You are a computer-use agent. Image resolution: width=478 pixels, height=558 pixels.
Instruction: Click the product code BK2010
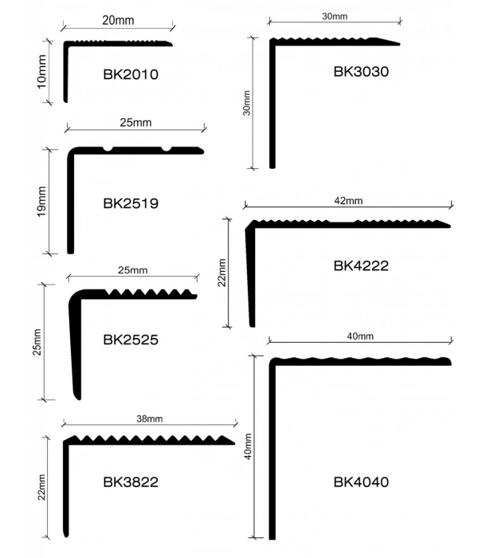[131, 76]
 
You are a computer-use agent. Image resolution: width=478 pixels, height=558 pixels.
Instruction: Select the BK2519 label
[131, 203]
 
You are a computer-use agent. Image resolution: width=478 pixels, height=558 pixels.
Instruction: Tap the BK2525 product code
[131, 339]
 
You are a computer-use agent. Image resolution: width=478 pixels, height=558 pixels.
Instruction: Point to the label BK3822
[131, 482]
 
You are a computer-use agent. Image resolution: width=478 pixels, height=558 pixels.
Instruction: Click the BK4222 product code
[361, 265]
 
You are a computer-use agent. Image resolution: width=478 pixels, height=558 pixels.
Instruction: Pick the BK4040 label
[361, 482]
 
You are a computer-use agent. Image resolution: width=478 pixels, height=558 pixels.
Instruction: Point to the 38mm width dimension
[149, 418]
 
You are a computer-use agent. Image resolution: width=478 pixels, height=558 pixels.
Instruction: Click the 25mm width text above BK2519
[135, 123]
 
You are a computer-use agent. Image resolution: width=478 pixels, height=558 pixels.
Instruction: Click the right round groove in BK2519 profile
[167, 148]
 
